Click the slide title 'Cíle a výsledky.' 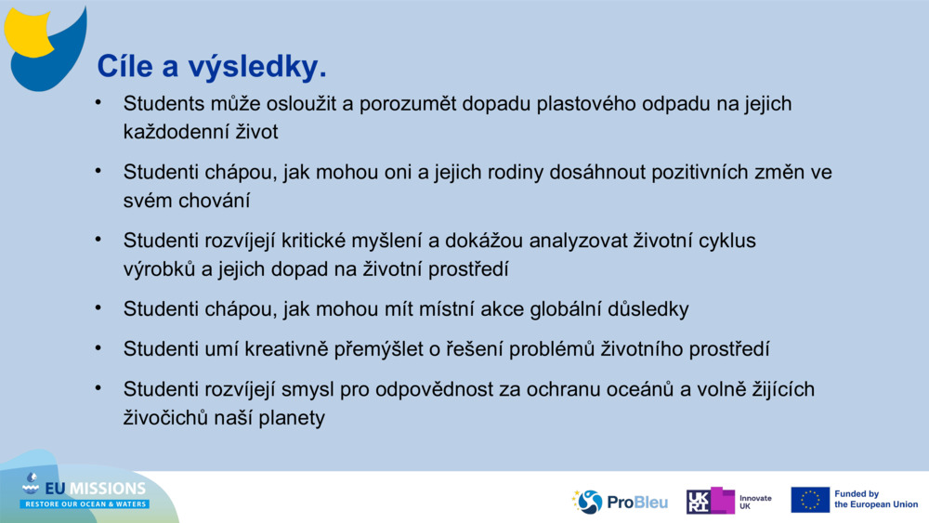coord(212,67)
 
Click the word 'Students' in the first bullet coord(163,104)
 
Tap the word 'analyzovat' coord(572,241)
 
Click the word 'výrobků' coord(160,269)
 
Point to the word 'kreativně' coord(251,349)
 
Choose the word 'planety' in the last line coord(293,418)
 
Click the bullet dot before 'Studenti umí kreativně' coord(97,347)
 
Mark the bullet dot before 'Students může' coord(97,102)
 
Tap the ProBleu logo coord(620,502)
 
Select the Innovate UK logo coord(728,502)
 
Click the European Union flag coord(810,500)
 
